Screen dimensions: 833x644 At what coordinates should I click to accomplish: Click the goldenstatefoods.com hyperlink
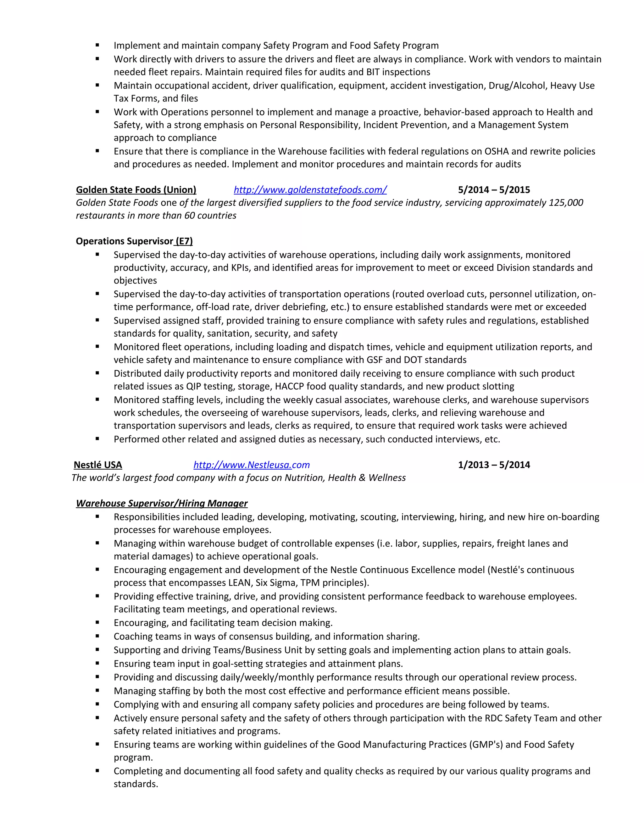310,190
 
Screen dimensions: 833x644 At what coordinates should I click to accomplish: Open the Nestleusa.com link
252,465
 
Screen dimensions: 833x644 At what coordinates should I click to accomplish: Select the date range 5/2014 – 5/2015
494,190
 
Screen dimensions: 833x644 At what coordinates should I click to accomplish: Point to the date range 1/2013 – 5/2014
494,465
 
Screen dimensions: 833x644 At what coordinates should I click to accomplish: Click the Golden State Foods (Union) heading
136,190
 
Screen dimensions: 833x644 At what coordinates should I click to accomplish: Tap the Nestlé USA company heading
98,465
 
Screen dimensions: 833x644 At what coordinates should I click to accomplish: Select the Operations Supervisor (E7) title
134,241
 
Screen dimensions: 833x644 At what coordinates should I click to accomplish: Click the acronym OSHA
496,152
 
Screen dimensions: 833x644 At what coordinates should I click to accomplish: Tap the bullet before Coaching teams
97,636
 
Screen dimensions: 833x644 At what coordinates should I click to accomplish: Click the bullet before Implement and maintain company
97,45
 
